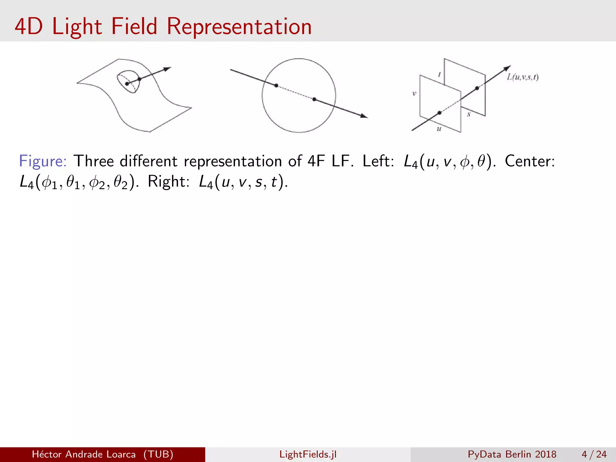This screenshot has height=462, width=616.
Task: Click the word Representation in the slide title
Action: (239, 26)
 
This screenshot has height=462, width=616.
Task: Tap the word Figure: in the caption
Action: (43, 161)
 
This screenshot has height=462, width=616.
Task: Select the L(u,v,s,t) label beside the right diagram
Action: (522, 77)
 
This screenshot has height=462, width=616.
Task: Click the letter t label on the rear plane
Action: (439, 74)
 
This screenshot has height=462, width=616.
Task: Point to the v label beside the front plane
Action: (414, 94)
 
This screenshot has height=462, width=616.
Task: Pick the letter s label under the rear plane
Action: (469, 114)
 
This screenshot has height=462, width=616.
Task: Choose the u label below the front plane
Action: (439, 129)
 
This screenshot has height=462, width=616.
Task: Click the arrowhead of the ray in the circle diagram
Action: (364, 116)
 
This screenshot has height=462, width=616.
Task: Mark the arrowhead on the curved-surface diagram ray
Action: (167, 69)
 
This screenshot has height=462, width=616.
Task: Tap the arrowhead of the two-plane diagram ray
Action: (507, 68)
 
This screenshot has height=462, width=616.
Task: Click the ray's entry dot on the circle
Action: (276, 85)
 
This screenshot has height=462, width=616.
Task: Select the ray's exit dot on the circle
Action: (314, 99)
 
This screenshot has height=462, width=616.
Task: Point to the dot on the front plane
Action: (439, 113)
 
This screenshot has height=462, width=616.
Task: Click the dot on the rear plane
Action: (477, 88)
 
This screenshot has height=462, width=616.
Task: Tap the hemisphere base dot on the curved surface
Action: (127, 84)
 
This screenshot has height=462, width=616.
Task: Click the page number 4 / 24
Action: (594, 454)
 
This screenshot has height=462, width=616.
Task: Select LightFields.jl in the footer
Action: (308, 454)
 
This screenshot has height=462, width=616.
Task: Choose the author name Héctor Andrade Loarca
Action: (84, 454)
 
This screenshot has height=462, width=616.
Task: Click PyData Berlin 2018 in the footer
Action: (512, 454)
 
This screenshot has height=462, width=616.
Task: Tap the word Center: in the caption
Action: (530, 161)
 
